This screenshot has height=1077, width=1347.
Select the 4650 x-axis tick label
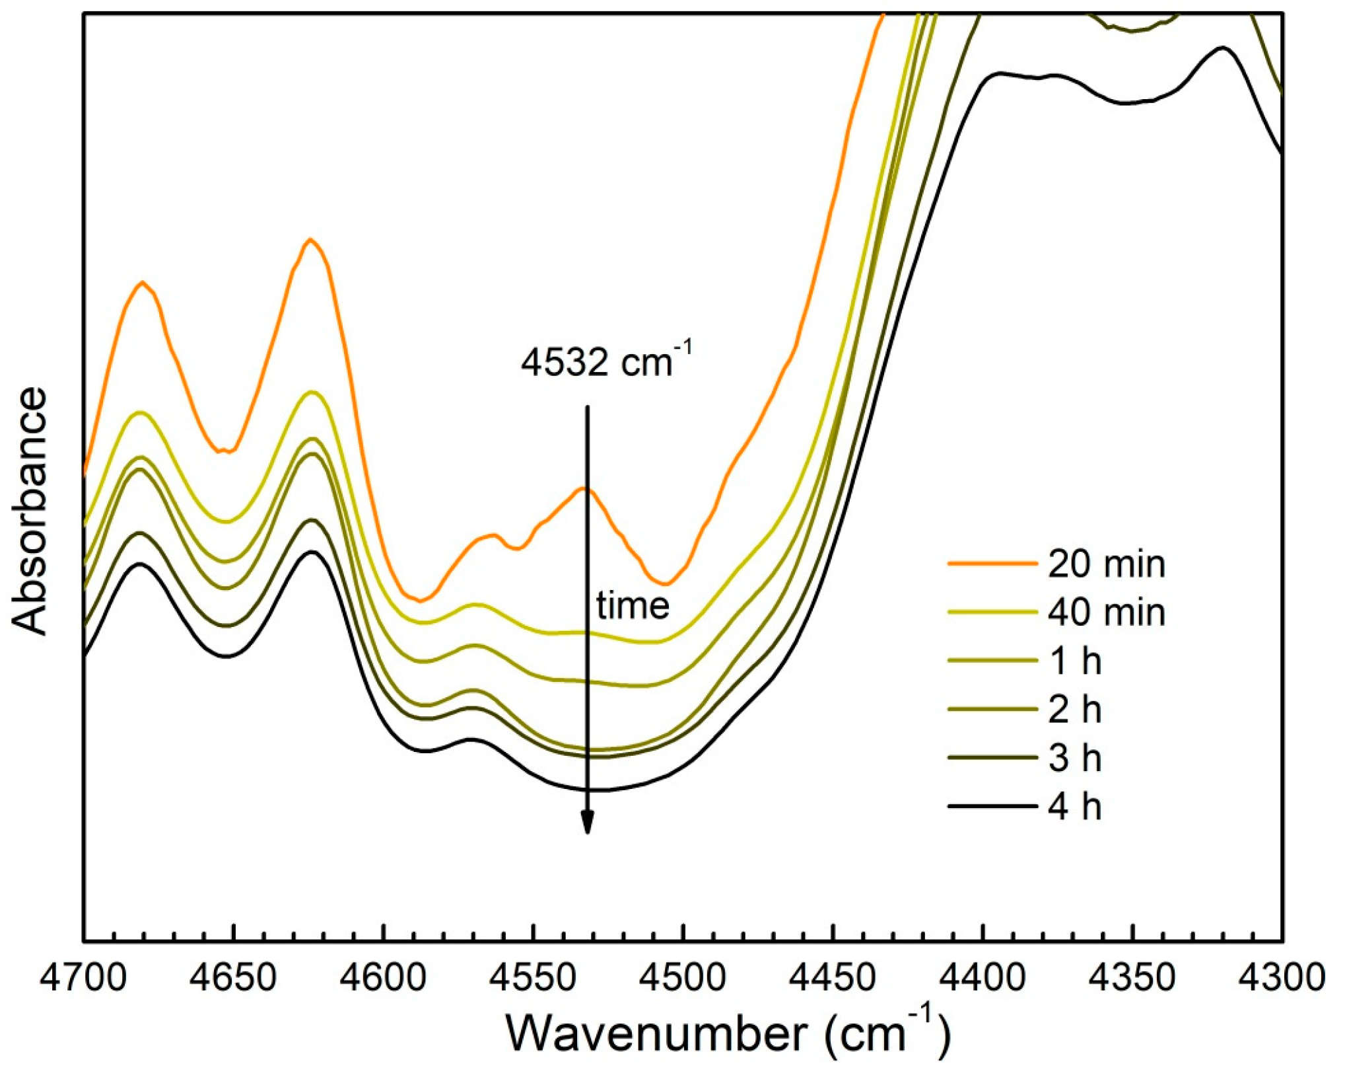point(233,979)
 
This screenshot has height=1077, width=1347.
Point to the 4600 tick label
point(383,979)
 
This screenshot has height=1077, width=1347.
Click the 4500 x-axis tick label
point(683,979)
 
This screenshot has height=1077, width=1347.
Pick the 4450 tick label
point(833,979)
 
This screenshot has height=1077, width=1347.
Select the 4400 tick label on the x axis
point(983,979)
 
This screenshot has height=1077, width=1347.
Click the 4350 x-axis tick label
point(1133,979)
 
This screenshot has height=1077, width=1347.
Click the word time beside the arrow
point(633,606)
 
